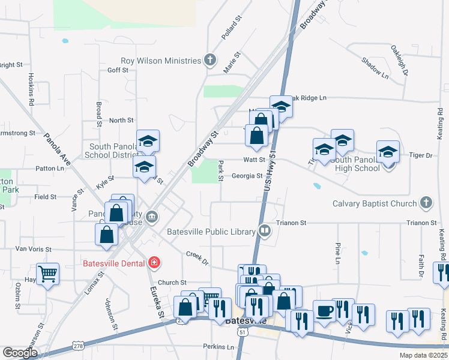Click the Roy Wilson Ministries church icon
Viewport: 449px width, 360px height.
(209, 60)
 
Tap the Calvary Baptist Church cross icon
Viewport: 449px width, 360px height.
(426, 203)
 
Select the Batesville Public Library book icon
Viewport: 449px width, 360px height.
(264, 231)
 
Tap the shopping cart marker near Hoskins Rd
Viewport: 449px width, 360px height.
(48, 274)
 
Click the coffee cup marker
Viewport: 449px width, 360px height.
(324, 311)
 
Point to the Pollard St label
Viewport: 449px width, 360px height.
(231, 28)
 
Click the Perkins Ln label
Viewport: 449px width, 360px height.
(218, 347)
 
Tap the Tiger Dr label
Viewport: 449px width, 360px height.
(420, 155)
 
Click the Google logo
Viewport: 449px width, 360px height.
(20, 353)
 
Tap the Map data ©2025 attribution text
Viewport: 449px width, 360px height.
(423, 355)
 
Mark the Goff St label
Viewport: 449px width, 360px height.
(118, 70)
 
